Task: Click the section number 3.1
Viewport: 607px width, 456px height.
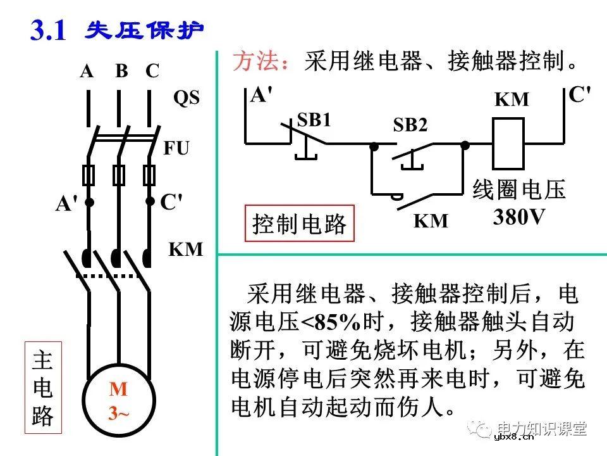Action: tap(48, 30)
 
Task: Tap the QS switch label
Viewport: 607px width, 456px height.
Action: tap(186, 99)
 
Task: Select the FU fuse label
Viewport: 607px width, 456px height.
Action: tap(176, 149)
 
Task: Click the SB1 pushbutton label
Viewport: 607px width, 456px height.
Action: tap(314, 120)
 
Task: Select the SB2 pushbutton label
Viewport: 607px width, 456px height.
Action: tap(410, 125)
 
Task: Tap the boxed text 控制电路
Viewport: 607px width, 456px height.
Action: tap(300, 224)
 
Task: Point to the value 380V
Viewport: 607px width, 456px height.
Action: tap(519, 217)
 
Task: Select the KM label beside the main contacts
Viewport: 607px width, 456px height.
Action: tap(186, 250)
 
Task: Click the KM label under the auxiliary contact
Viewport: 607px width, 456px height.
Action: tap(431, 221)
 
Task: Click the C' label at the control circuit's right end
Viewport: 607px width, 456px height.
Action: tap(580, 95)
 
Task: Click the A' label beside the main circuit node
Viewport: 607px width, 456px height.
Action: tap(66, 204)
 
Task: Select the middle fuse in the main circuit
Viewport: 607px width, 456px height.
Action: tap(118, 174)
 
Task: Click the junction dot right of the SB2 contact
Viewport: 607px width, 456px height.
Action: tap(465, 145)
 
